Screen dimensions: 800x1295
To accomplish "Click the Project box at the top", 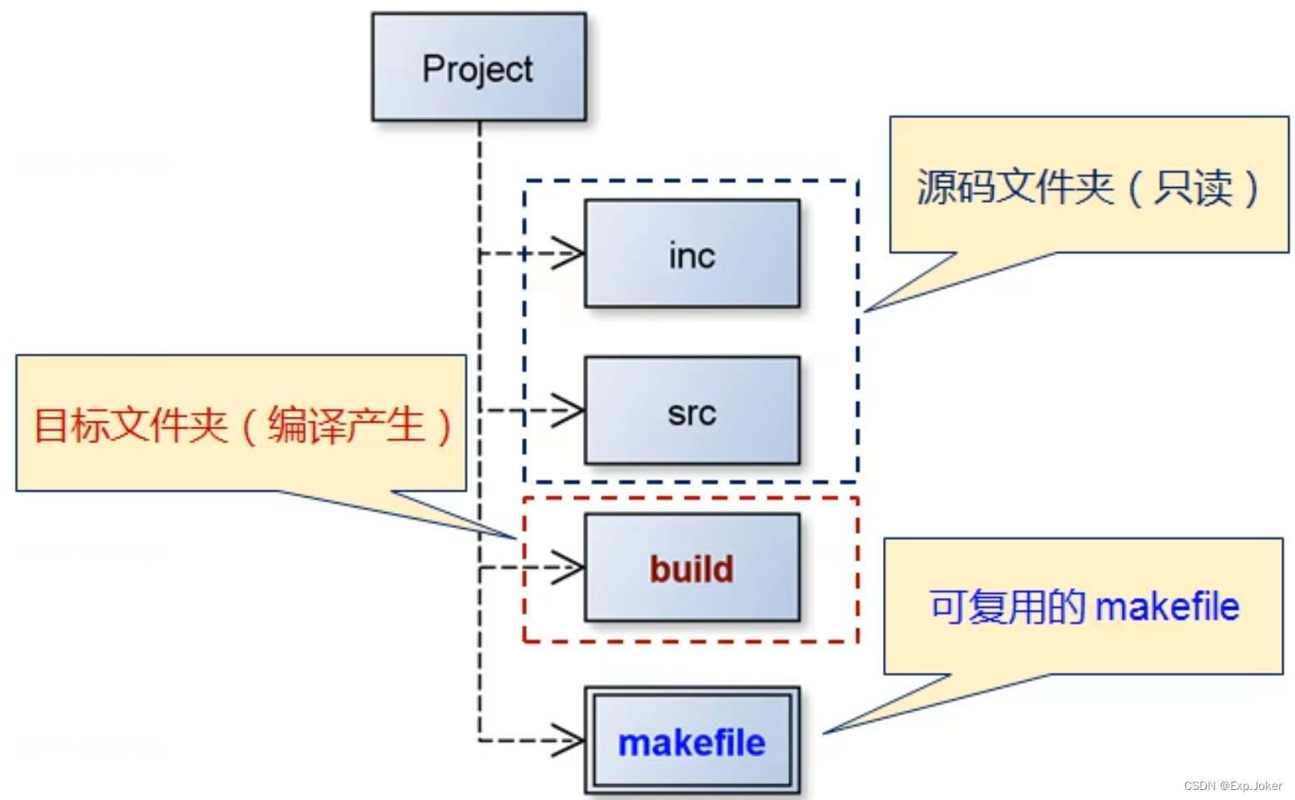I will tap(479, 67).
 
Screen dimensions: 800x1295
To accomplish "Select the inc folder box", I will tap(692, 254).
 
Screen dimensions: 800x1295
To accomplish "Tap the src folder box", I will tap(692, 411).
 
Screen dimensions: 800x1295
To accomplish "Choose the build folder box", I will tap(692, 568).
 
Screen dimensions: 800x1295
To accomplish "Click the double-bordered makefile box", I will tap(692, 741).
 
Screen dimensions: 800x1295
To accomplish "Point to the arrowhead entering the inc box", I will tap(569, 254).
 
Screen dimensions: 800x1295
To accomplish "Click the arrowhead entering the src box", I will tap(569, 410).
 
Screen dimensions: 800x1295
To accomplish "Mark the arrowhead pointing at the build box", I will tap(569, 568).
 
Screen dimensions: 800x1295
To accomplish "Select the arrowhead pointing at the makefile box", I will tap(569, 740).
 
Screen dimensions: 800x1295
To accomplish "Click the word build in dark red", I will tap(692, 570).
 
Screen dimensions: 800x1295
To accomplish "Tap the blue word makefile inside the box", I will tap(692, 743).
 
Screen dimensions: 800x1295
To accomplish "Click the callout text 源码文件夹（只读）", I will tap(1087, 187).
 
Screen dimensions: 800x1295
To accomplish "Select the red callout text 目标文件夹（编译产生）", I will tap(241, 425).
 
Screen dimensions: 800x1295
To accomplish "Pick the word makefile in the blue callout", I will tap(1168, 606).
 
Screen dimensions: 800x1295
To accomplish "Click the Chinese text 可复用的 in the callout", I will tap(1008, 606).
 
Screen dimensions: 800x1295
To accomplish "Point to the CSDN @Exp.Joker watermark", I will tap(1233, 786).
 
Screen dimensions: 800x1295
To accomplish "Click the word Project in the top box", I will tap(478, 69).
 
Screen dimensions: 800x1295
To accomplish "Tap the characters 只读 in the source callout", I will tap(1193, 187).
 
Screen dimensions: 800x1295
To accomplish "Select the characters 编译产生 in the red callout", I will tap(345, 425).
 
